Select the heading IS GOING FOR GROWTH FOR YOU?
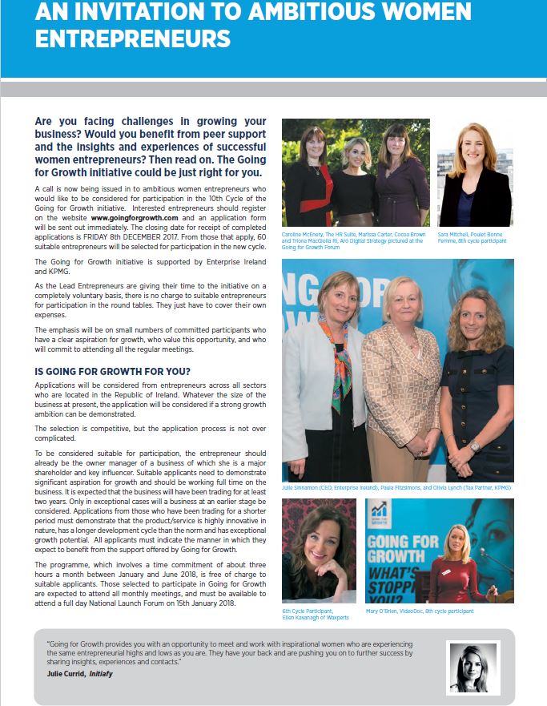(x=112, y=371)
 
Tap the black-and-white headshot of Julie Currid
(x=473, y=668)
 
